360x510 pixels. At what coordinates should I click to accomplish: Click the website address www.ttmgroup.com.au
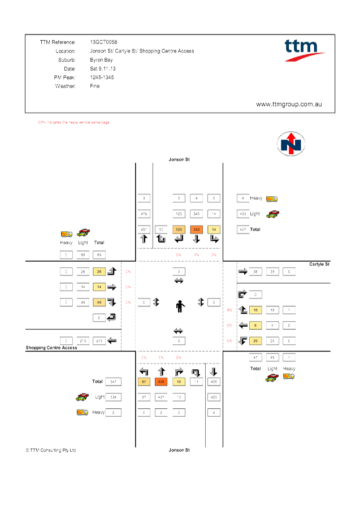[289, 105]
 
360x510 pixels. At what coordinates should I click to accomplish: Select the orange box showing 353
[196, 230]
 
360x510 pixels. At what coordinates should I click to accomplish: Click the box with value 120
[179, 230]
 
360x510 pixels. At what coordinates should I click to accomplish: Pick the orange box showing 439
[161, 382]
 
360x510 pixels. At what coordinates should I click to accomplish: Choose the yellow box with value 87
[144, 382]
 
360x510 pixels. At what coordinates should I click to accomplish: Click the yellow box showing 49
[99, 302]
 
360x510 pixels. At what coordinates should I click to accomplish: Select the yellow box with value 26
[99, 271]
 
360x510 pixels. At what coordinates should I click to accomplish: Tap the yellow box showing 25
[255, 341]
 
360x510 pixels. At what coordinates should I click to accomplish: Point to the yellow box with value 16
[255, 310]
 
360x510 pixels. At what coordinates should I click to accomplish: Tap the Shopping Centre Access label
[51, 348]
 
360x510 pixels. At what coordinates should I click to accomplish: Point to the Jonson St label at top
[180, 160]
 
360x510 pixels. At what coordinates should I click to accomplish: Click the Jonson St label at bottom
[180, 450]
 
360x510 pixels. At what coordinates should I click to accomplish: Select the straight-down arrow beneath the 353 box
[196, 239]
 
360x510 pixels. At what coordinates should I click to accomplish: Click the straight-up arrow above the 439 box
[161, 371]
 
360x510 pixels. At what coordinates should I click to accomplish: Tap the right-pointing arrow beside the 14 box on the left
[111, 287]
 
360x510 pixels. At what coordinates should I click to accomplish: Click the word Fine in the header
[95, 87]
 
